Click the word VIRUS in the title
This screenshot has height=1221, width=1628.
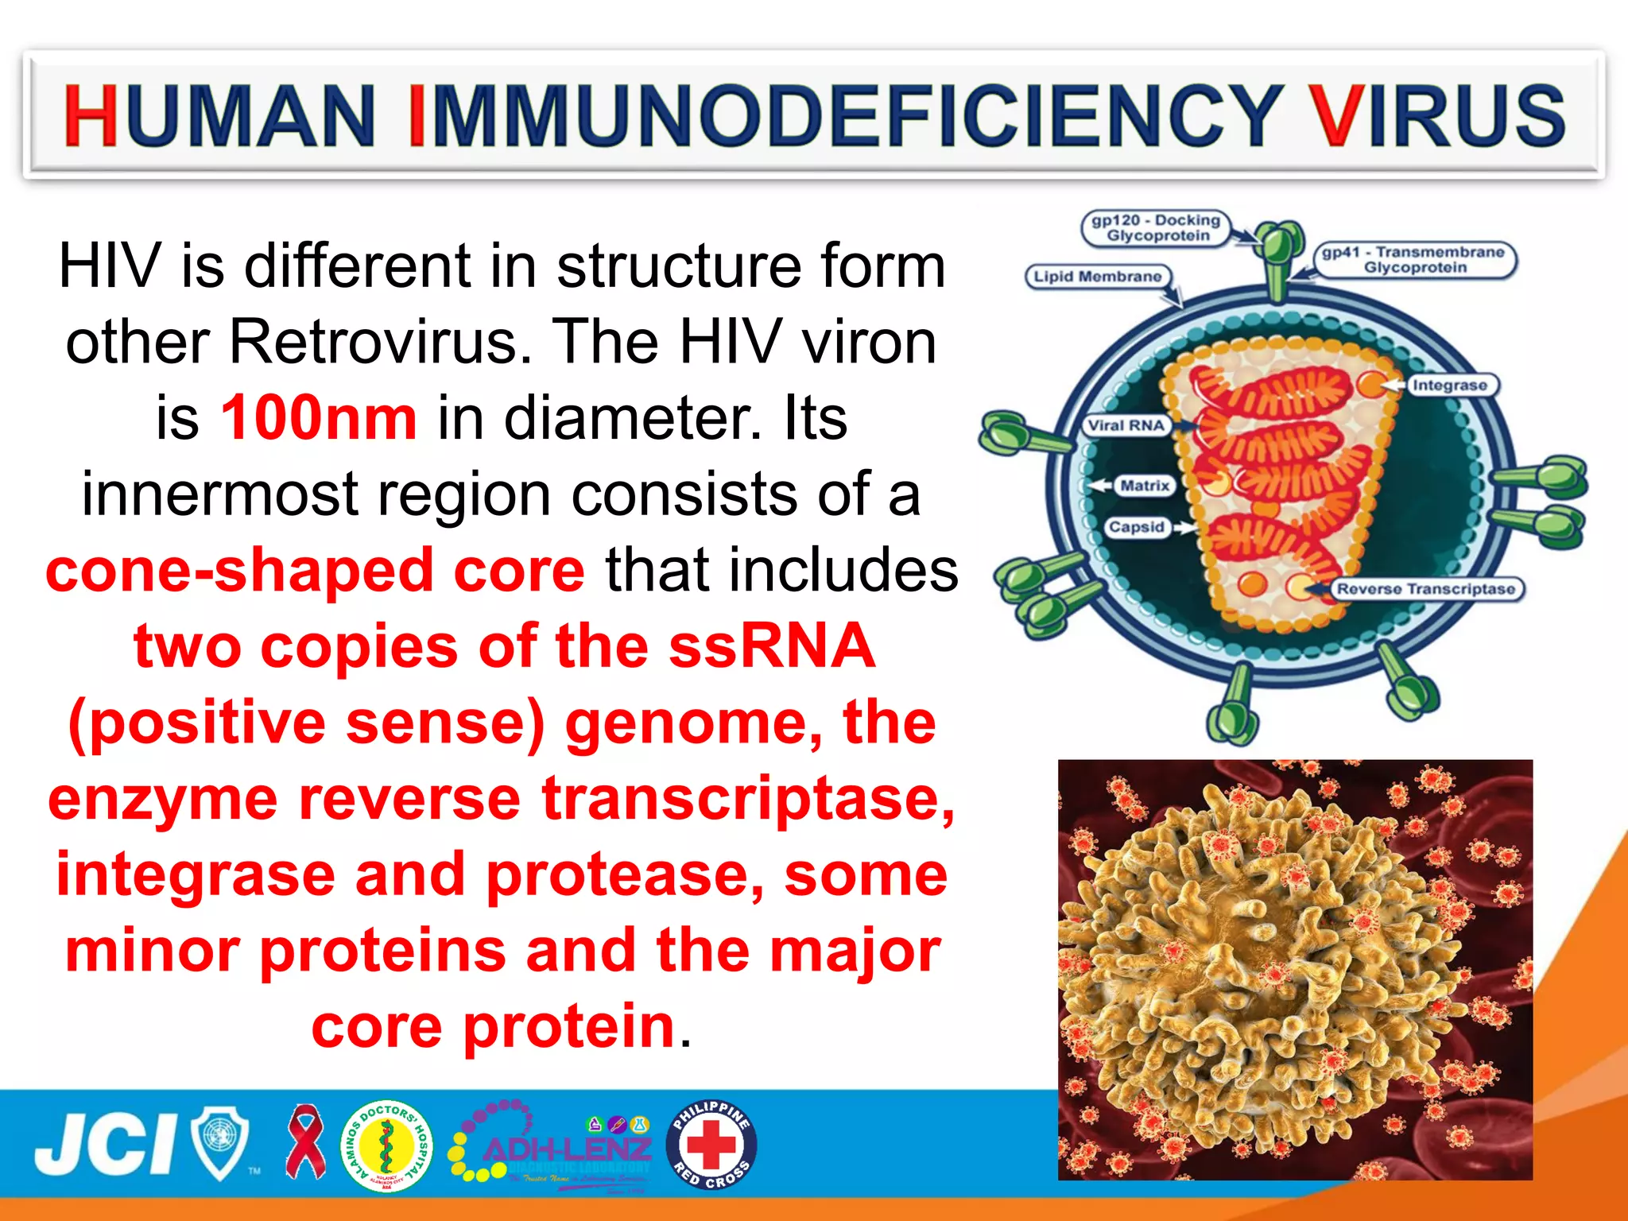point(1437,116)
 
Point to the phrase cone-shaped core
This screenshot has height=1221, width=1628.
point(316,570)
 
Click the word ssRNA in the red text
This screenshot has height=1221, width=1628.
point(771,646)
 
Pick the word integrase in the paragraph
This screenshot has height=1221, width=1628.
point(196,874)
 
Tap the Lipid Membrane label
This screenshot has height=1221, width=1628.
point(1097,277)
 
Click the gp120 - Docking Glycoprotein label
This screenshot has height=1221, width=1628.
point(1156,228)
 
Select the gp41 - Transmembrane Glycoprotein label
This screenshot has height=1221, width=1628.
point(1414,260)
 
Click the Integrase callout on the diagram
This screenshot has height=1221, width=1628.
point(1449,386)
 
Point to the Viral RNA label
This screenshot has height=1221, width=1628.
point(1126,425)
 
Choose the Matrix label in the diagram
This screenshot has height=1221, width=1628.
point(1144,485)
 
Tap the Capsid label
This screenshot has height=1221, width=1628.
point(1136,527)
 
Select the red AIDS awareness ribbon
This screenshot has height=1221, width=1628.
point(305,1142)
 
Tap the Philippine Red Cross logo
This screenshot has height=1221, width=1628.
point(711,1145)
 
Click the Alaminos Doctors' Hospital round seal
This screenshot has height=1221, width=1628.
point(386,1145)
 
